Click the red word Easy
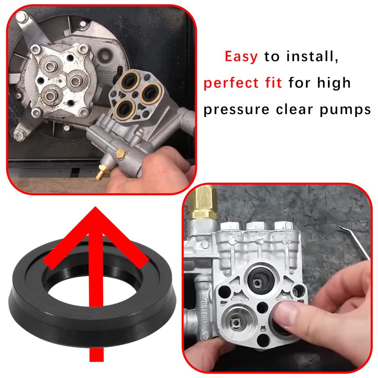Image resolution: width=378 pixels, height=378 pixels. point(241,57)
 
